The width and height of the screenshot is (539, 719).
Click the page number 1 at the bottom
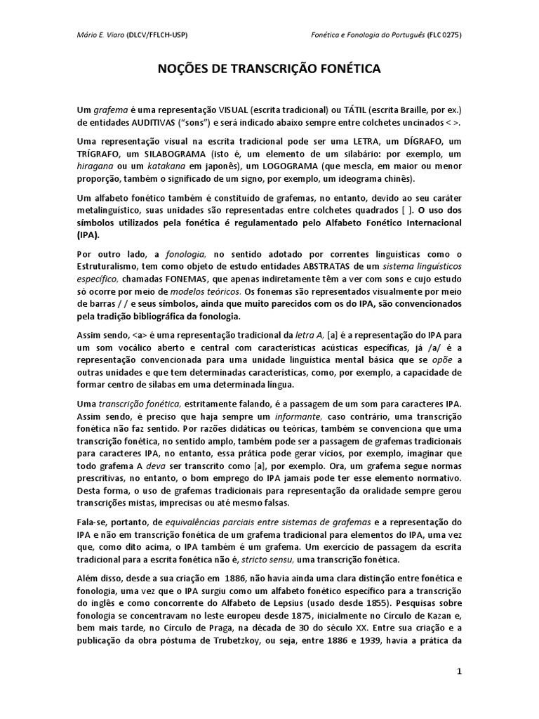pyautogui.click(x=459, y=671)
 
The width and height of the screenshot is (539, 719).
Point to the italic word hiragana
pyautogui.click(x=95, y=167)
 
